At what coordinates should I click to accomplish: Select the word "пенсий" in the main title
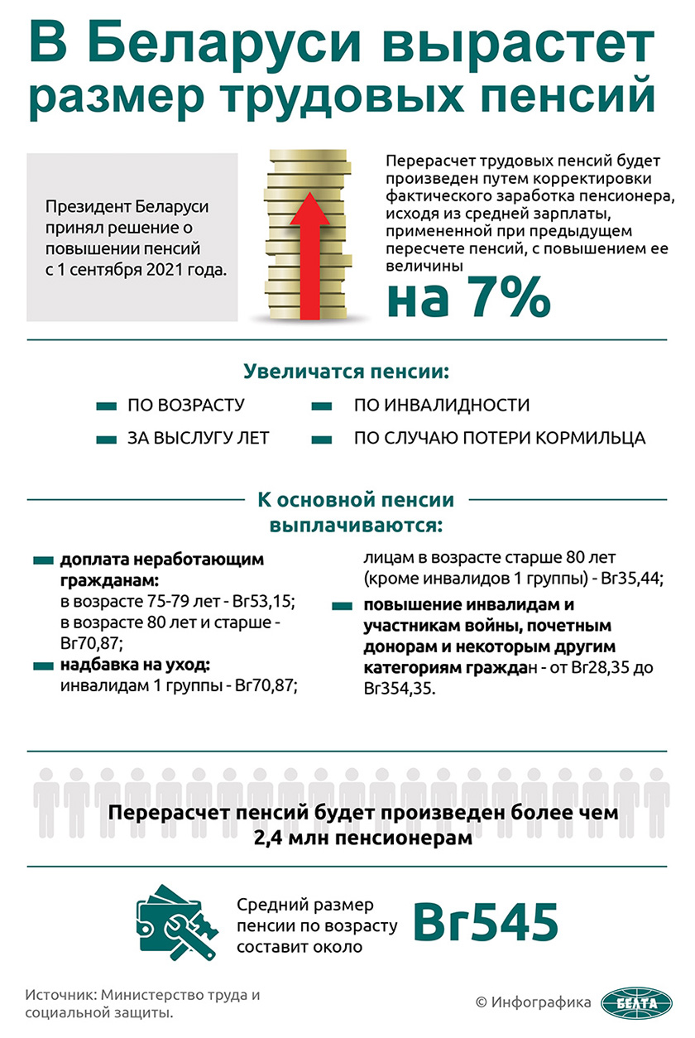[572, 95]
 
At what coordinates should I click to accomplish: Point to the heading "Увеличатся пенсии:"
[346, 372]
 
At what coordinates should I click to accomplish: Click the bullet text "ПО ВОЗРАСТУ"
[185, 406]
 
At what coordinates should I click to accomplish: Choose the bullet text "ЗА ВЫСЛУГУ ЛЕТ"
[198, 438]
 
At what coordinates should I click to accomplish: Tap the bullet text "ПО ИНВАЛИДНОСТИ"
[441, 406]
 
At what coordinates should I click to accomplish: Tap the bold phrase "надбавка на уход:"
[135, 665]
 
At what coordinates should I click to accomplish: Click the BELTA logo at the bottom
[633, 1002]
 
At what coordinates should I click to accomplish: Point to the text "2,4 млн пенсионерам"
[362, 838]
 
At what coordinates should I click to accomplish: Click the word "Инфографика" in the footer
[541, 1002]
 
